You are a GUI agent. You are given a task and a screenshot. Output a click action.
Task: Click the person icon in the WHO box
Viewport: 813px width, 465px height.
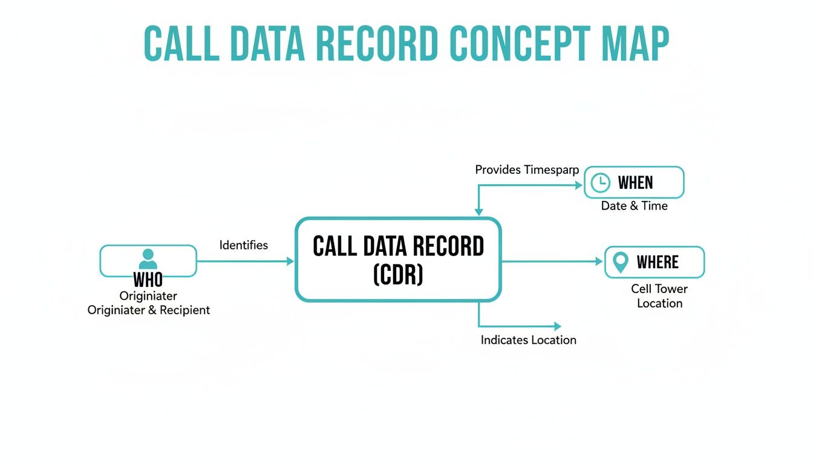point(148,259)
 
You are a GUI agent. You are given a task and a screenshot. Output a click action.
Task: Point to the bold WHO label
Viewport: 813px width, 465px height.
point(148,280)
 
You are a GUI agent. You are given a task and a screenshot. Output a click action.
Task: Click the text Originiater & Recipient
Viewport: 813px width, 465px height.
point(149,310)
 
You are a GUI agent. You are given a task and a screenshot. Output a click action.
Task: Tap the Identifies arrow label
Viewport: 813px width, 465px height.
point(243,245)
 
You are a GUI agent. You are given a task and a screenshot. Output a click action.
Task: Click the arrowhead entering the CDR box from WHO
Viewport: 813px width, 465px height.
point(290,262)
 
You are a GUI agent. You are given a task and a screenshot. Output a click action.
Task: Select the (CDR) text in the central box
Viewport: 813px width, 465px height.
point(398,275)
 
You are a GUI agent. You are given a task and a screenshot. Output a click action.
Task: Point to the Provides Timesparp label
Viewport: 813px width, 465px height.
point(526,170)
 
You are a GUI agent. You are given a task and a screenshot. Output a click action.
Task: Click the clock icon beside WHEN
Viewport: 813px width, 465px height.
point(600,183)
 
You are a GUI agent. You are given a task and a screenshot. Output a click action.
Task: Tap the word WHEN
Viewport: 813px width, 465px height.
point(635,183)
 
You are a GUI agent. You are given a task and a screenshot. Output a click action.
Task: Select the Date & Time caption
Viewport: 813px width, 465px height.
point(634,206)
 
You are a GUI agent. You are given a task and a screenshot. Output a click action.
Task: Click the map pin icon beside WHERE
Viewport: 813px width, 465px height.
point(620,262)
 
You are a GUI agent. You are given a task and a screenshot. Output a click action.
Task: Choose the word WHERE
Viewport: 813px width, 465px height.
point(658,262)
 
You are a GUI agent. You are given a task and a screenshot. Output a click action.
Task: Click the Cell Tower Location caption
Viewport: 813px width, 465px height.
point(659,296)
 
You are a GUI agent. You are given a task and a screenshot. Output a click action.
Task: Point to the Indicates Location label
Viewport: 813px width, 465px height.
point(528,340)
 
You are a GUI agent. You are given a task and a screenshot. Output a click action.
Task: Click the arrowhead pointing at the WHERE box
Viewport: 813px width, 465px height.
point(599,262)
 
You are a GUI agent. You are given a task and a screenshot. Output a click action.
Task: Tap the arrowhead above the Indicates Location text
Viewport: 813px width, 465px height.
point(557,326)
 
